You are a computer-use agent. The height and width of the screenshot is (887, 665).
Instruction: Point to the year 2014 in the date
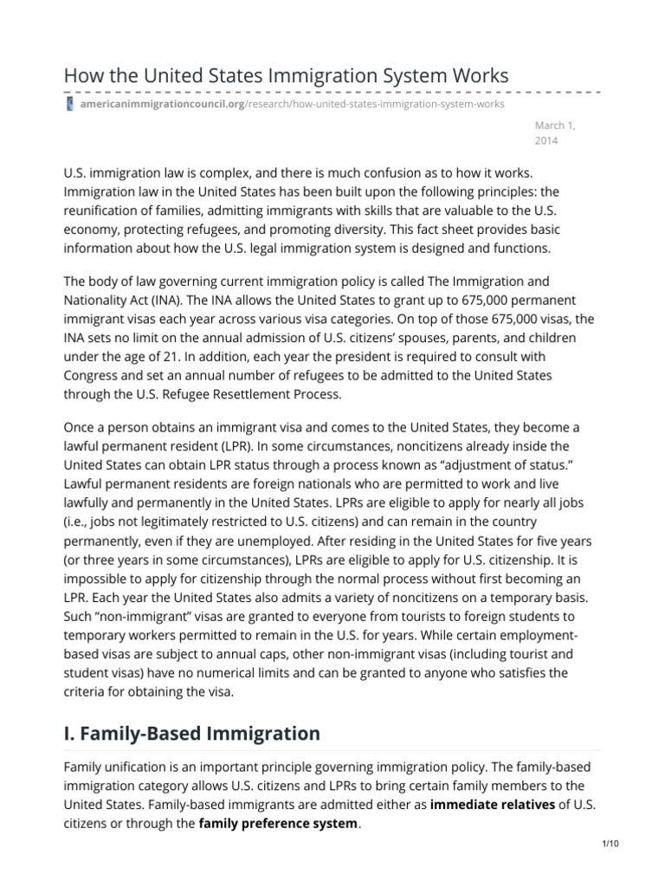click(x=547, y=141)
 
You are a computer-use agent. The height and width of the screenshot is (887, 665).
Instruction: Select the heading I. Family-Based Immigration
click(x=192, y=734)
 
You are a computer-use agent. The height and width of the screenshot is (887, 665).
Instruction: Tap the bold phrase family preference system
click(x=278, y=823)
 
